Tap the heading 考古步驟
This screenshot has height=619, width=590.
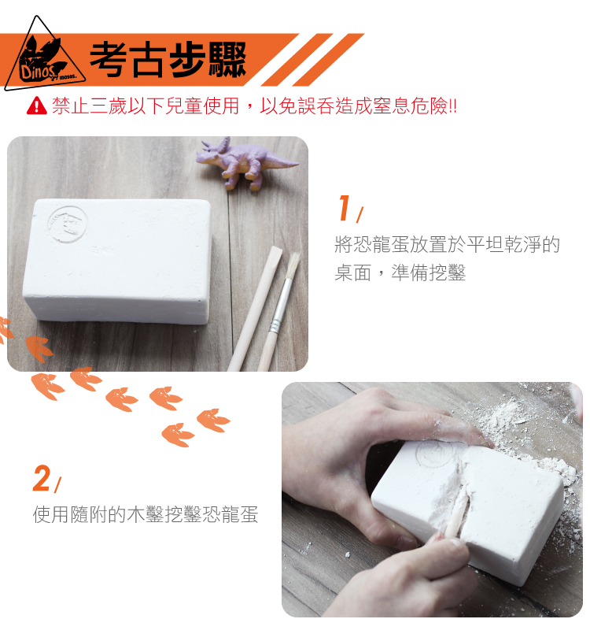pyautogui.click(x=168, y=60)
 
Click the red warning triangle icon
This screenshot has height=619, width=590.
pyautogui.click(x=37, y=106)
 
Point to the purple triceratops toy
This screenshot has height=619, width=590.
pyautogui.click(x=245, y=163)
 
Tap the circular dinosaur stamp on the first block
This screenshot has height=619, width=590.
pyautogui.click(x=68, y=224)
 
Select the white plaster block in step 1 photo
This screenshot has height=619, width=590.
pyautogui.click(x=117, y=261)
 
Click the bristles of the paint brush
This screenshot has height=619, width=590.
pyautogui.click(x=293, y=265)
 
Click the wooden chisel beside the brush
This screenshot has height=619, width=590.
pyautogui.click(x=256, y=309)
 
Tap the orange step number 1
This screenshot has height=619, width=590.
pyautogui.click(x=345, y=207)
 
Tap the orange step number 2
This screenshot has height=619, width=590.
pyautogui.click(x=42, y=478)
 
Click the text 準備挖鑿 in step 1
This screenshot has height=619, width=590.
pyautogui.click(x=428, y=272)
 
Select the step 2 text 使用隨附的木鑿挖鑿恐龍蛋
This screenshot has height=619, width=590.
pyautogui.click(x=146, y=514)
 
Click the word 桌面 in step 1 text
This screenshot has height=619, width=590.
pyautogui.click(x=353, y=272)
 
